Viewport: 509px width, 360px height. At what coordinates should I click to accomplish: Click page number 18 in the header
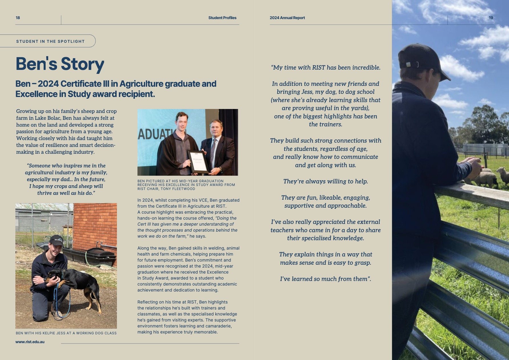coord(18,18)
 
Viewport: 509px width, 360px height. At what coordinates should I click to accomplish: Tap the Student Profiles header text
coord(222,18)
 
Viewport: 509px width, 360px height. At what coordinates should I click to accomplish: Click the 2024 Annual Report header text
coord(287,18)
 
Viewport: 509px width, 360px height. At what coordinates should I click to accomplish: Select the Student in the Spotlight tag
coord(50,41)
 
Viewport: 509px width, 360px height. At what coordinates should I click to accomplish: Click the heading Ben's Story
coord(60,64)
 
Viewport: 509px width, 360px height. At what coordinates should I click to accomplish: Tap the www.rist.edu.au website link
coord(30,342)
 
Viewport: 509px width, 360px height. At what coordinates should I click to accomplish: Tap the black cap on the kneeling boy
coord(56,240)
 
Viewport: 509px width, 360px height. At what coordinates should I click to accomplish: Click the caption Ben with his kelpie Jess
coord(66,333)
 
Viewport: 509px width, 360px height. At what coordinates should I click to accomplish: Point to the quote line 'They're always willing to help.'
coord(325,181)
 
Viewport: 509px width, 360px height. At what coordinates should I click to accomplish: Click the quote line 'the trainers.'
coord(325,124)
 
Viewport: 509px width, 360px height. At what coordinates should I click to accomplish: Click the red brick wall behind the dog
coord(97,225)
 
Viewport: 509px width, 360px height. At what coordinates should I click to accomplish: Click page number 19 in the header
coord(491,18)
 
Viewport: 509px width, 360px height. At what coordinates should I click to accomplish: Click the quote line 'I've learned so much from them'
coord(325,279)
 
